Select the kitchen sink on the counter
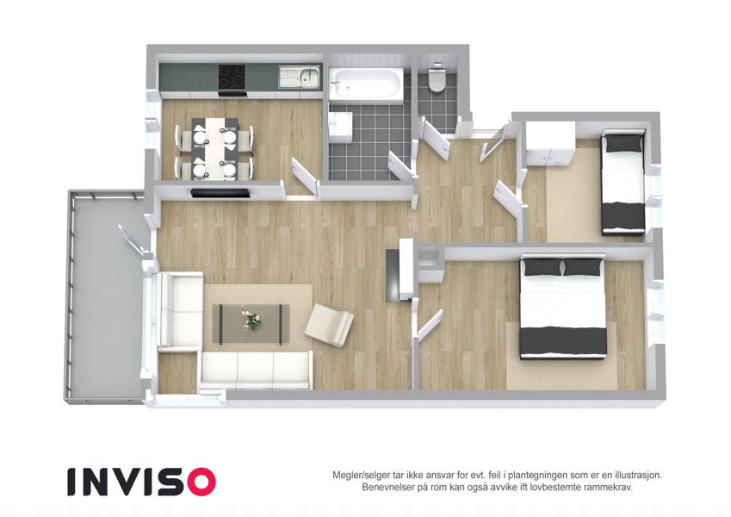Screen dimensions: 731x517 pos(300,77)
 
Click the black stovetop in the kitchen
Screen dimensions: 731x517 pos(232,77)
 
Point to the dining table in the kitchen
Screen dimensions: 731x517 pos(215,148)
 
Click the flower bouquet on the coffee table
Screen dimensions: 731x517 pos(251,320)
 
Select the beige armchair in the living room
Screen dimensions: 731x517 pos(329,325)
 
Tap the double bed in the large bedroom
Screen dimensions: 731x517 pos(563,308)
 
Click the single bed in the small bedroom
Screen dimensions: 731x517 pos(623,183)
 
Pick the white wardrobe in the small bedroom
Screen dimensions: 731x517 pos(550,143)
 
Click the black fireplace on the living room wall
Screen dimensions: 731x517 pos(220,193)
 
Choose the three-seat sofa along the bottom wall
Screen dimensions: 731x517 pos(256,370)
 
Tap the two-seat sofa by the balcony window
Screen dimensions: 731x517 pos(180,311)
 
